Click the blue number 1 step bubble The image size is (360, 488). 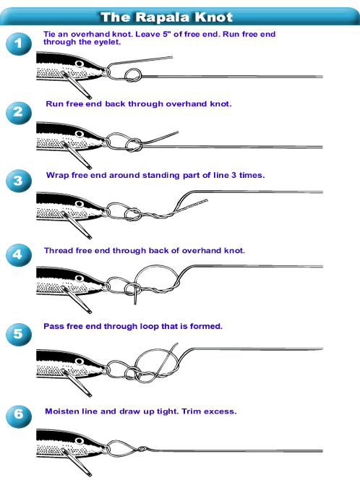19,44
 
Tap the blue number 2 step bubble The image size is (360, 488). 19,113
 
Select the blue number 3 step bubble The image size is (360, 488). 19,181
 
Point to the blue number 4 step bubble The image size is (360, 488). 19,255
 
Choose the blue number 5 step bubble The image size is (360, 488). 19,335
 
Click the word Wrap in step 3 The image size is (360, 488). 58,176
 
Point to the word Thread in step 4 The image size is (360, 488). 58,251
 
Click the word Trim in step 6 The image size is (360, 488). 192,411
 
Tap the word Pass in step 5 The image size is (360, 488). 51,326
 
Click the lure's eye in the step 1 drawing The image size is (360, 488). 80,64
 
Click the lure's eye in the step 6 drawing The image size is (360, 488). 80,441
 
